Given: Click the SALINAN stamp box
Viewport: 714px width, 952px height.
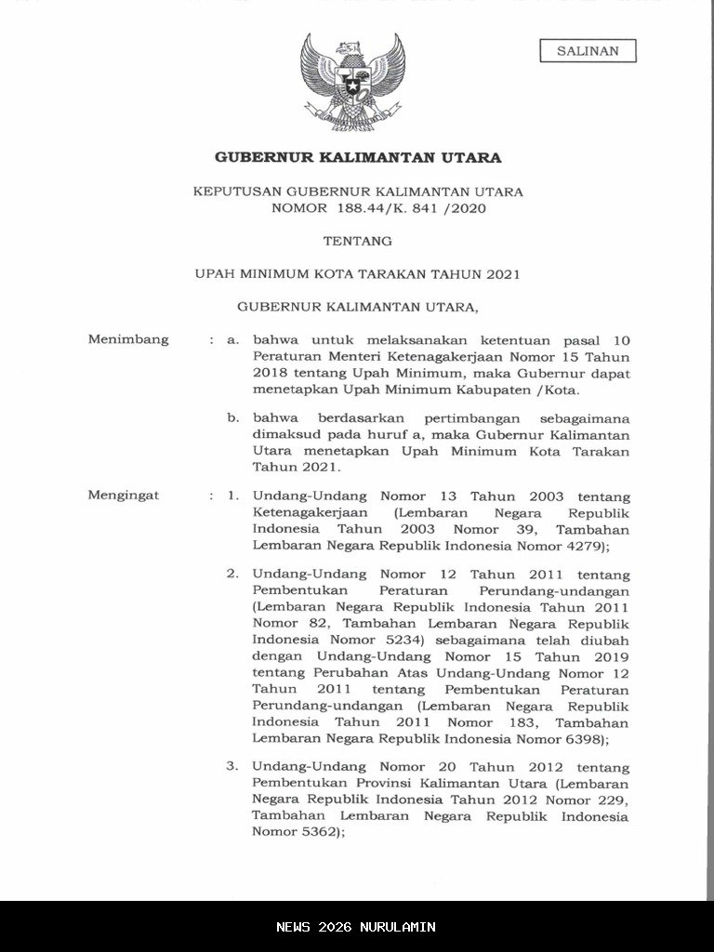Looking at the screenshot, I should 588,51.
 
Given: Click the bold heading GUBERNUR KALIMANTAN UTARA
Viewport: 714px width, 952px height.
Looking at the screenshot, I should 358,157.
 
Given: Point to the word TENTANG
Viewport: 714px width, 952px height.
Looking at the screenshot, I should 357,241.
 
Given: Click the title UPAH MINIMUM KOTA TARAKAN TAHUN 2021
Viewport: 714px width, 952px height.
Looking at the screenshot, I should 357,274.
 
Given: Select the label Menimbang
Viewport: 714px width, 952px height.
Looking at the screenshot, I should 128,339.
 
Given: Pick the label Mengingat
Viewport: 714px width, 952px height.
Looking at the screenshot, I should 124,496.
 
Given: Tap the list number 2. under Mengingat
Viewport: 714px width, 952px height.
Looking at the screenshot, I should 233,574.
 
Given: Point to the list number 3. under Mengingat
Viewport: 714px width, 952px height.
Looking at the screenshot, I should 233,767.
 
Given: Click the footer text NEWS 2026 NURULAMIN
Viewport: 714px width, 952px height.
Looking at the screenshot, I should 356,927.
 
